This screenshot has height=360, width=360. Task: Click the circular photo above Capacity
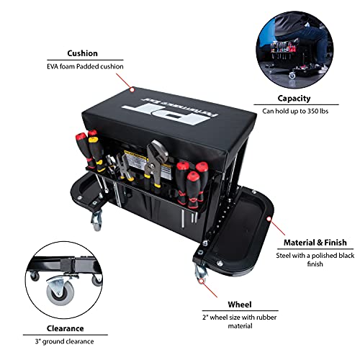294,48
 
